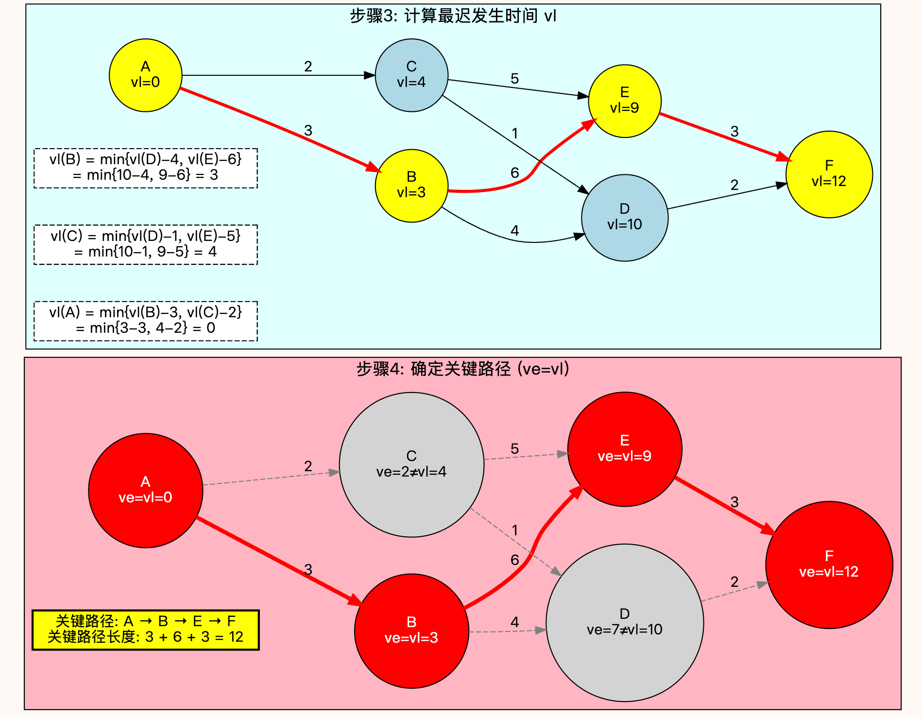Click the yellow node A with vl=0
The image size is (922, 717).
coord(145,75)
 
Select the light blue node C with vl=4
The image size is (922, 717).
coord(411,75)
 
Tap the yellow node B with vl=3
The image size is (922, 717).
coord(411,186)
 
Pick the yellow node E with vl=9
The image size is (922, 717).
coord(625,101)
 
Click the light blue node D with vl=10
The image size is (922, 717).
coord(625,218)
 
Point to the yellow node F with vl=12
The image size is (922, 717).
coord(829,174)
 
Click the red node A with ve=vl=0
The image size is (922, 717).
coord(145,491)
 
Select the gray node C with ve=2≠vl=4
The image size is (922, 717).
coord(411,464)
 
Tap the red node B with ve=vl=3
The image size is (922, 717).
coord(411,631)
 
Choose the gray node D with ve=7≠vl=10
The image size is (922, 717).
coord(625,623)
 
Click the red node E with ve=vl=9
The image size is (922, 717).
coord(625,449)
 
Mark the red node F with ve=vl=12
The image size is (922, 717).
coord(829,565)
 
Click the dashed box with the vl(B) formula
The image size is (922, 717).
coord(146,168)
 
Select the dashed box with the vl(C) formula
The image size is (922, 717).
coord(146,244)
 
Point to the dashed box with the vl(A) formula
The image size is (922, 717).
coord(146,321)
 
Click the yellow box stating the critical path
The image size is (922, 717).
coord(146,630)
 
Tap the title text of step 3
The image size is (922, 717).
coord(453,16)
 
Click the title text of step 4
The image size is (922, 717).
coord(463,369)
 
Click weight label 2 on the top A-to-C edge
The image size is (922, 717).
coord(308,67)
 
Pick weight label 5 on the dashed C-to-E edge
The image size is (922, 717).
coord(515,449)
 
